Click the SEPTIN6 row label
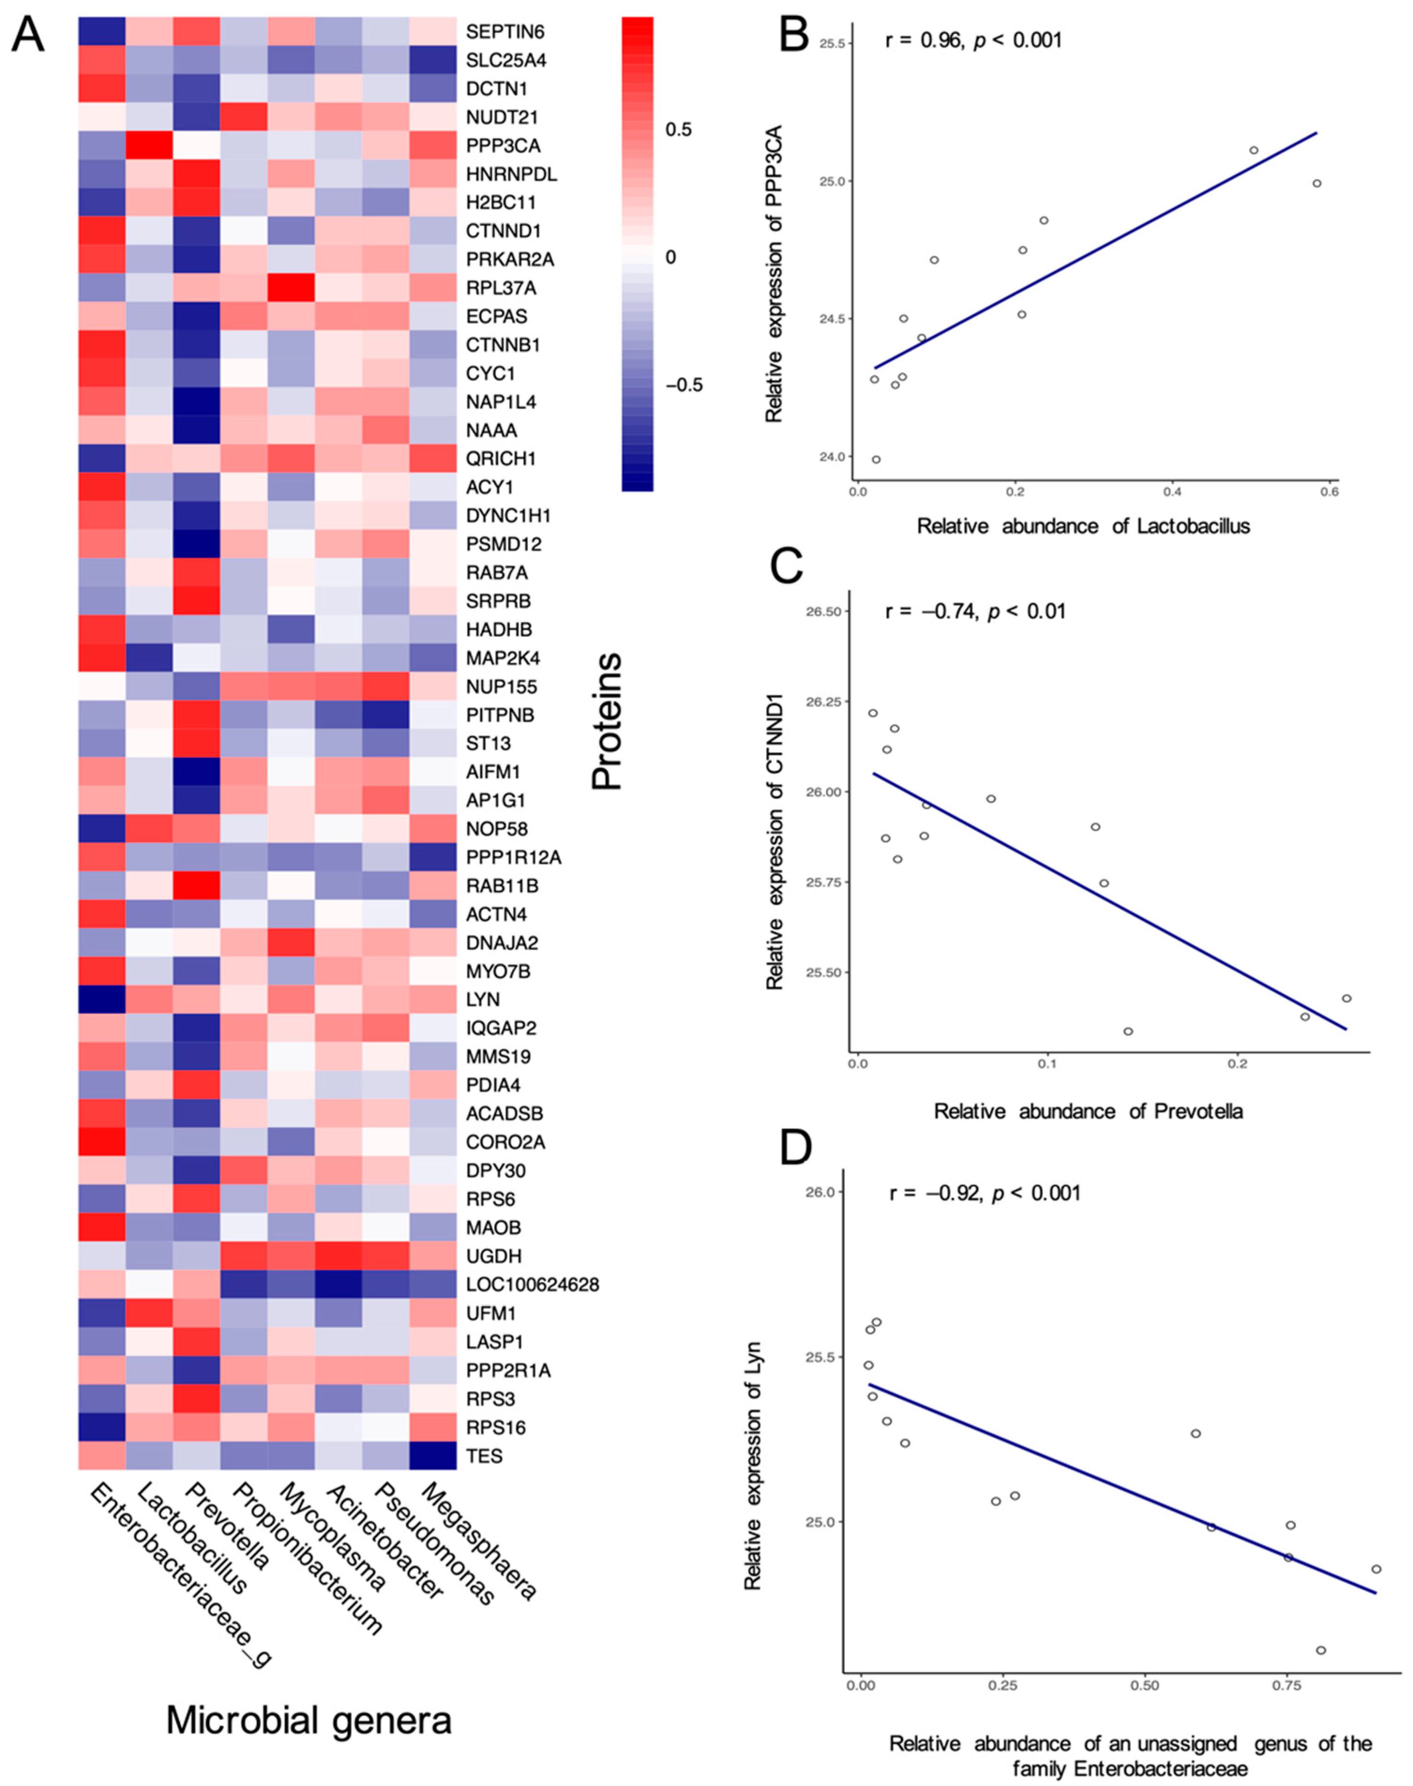click(x=504, y=32)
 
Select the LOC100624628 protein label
click(x=532, y=1285)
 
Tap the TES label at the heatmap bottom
click(x=484, y=1456)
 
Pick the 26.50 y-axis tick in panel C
click(x=822, y=611)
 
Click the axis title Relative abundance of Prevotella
click(x=1088, y=1111)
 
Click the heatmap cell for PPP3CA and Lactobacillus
click(x=150, y=146)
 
